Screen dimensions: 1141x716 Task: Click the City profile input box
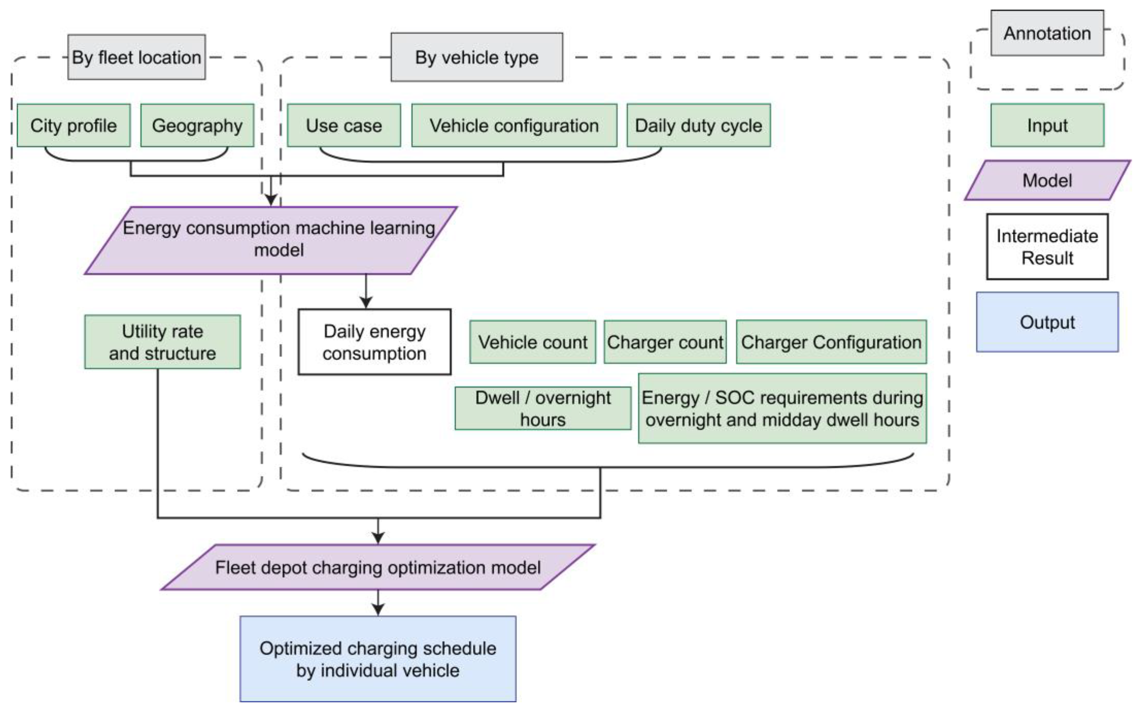click(x=73, y=125)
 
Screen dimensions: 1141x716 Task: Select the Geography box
click(x=197, y=125)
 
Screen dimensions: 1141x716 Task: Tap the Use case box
click(x=344, y=125)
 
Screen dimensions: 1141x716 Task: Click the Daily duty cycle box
click(x=699, y=125)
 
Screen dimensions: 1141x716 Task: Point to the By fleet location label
click(x=137, y=57)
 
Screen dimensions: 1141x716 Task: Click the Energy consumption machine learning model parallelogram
click(x=271, y=240)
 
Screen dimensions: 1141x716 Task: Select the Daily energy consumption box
click(x=374, y=342)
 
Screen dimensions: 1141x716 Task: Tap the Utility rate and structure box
click(x=162, y=342)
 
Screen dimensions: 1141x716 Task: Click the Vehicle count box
click(x=532, y=342)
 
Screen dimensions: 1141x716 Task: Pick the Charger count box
click(x=665, y=342)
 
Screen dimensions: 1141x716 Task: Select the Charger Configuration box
click(x=831, y=342)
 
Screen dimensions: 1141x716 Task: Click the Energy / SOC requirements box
click(x=782, y=408)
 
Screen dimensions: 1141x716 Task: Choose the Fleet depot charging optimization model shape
click(x=378, y=567)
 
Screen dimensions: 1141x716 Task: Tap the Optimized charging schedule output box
click(x=378, y=659)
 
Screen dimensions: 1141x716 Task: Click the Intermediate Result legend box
click(x=1047, y=247)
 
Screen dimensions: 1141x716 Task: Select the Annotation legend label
click(x=1047, y=33)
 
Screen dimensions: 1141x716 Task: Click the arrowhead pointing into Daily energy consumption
click(x=366, y=302)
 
